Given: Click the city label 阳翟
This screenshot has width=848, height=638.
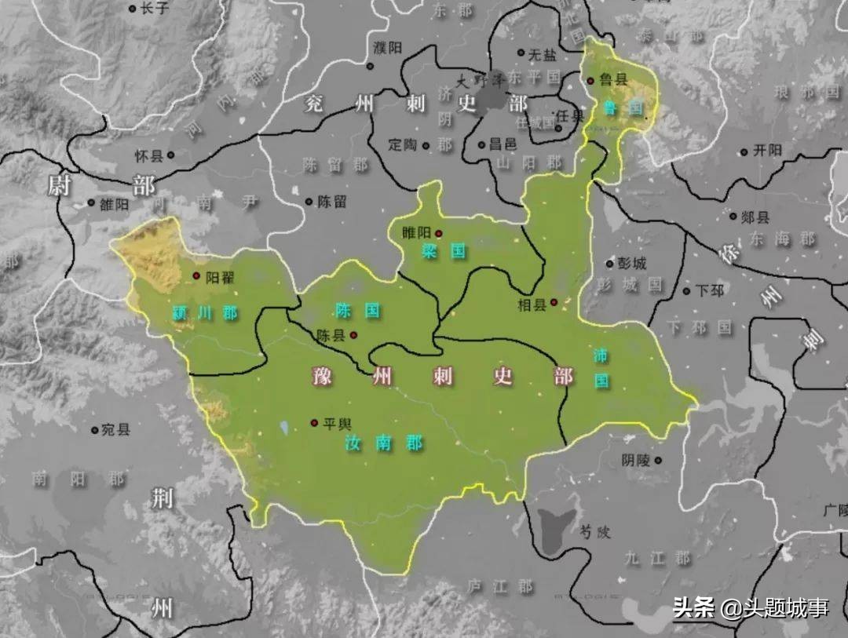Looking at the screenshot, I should click(220, 276).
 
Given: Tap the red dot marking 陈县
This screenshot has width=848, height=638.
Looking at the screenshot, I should click(354, 335).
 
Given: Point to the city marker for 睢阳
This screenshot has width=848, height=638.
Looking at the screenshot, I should click(439, 233).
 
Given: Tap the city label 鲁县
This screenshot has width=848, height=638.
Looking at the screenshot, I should click(614, 80).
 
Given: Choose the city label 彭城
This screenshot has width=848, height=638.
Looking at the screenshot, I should click(632, 264).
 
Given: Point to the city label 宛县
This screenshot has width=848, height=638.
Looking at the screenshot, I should click(116, 430).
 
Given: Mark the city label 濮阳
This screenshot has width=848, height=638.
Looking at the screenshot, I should click(388, 48).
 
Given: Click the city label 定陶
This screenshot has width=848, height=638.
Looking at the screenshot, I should click(404, 145).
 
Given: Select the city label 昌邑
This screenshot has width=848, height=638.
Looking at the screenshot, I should click(503, 144).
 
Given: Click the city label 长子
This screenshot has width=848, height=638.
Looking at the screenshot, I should click(152, 9).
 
